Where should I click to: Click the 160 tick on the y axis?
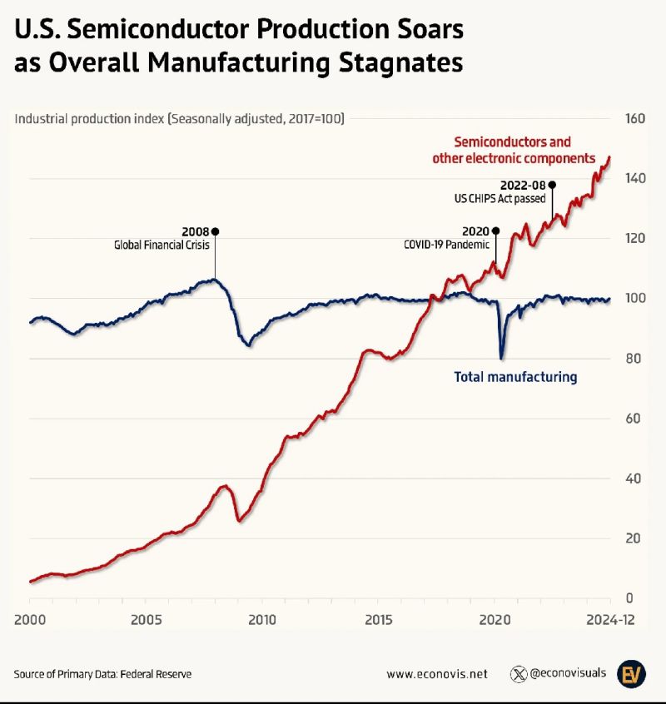click(x=635, y=119)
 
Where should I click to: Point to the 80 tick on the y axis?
click(x=633, y=359)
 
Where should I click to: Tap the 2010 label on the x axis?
click(x=262, y=619)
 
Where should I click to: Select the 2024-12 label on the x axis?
click(x=610, y=619)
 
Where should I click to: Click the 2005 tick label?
click(x=146, y=619)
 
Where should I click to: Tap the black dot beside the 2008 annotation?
click(x=216, y=231)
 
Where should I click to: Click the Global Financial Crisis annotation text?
click(x=162, y=245)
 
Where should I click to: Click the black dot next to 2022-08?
click(x=552, y=185)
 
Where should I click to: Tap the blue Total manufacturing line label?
click(x=514, y=377)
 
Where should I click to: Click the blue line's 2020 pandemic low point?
click(x=501, y=358)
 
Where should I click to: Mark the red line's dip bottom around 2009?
click(x=239, y=521)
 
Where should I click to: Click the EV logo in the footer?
click(x=631, y=673)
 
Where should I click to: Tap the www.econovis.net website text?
click(x=437, y=674)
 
